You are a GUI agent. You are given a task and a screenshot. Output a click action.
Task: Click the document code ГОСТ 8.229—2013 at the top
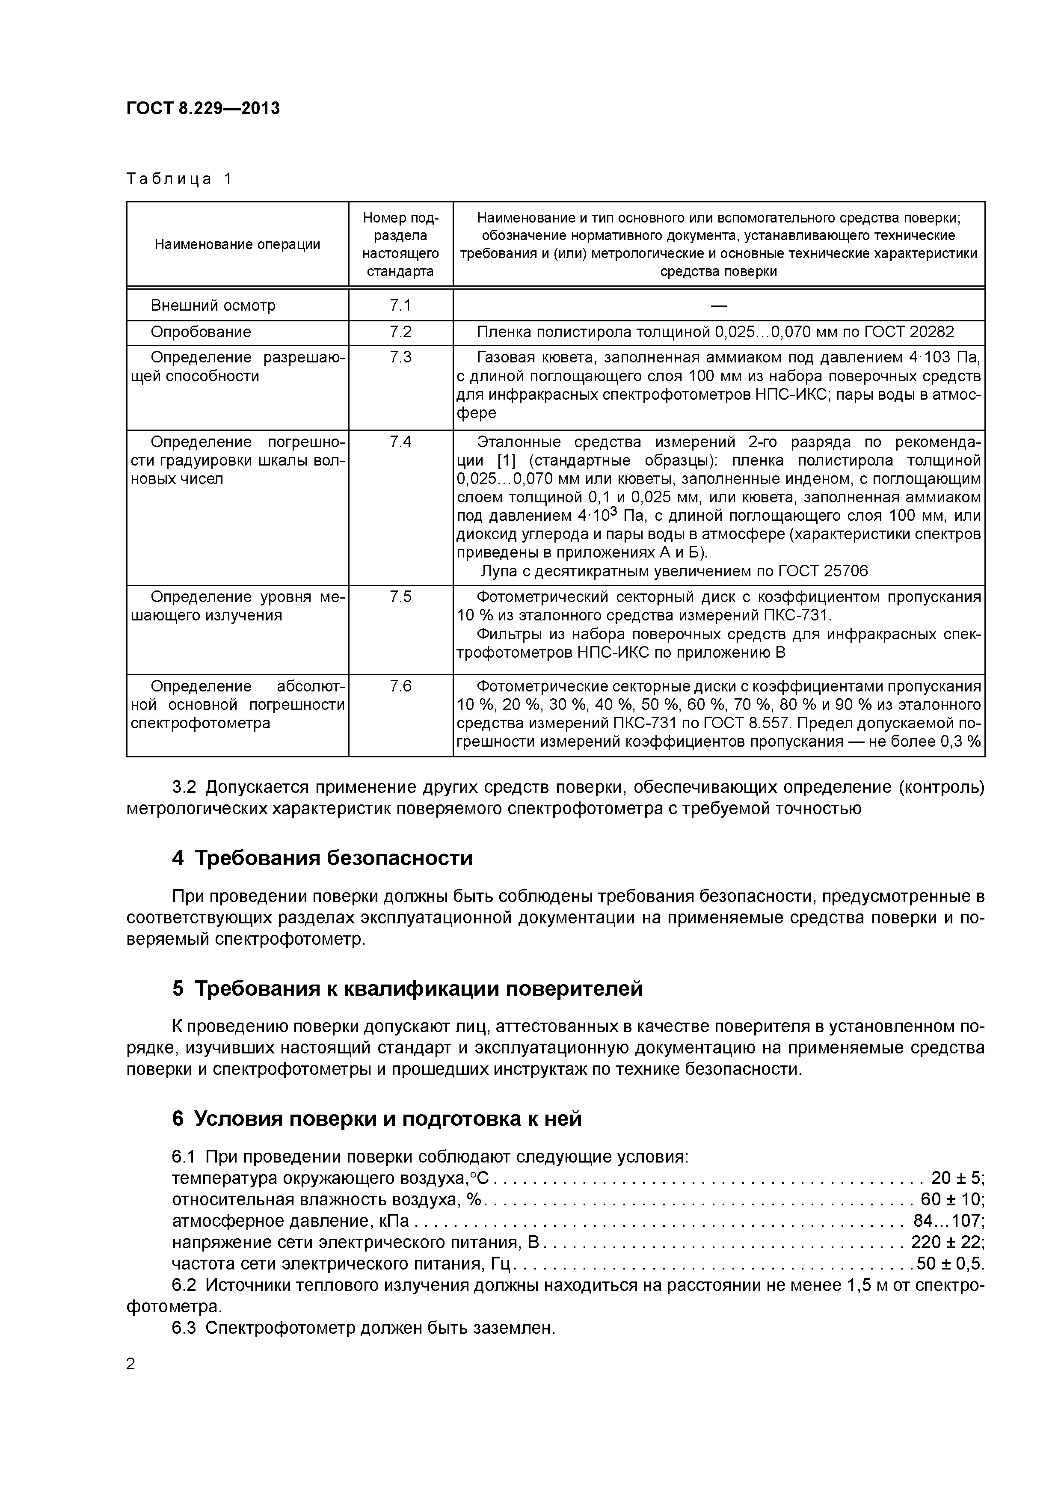pos(203,108)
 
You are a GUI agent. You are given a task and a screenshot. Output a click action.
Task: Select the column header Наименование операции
pos(237,244)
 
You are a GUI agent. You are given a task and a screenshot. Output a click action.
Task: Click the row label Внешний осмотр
pos(213,306)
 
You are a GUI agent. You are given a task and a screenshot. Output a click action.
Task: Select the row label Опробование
pos(201,332)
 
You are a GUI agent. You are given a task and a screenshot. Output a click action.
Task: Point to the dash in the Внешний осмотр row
pos(718,306)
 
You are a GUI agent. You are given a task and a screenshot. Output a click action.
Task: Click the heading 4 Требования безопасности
pos(322,858)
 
